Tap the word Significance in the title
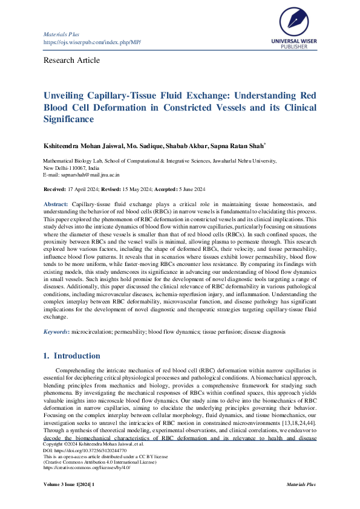point(69,120)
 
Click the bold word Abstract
point(56,206)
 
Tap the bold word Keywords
point(56,332)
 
